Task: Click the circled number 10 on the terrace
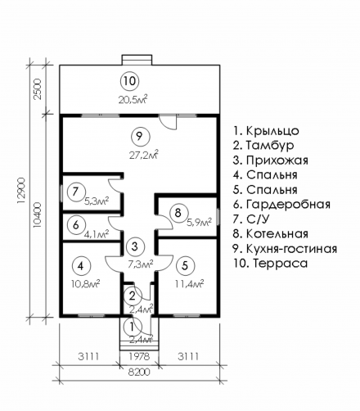(130, 81)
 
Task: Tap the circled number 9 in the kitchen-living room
(140, 136)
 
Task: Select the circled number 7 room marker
(76, 192)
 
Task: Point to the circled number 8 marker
(178, 213)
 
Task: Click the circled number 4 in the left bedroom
(81, 266)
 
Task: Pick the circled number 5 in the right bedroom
(186, 265)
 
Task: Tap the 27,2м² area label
(144, 156)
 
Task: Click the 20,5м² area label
(133, 100)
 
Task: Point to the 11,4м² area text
(189, 284)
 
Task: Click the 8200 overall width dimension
(139, 373)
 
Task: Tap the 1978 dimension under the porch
(139, 356)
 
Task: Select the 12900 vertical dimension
(21, 191)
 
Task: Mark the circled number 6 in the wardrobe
(76, 225)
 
